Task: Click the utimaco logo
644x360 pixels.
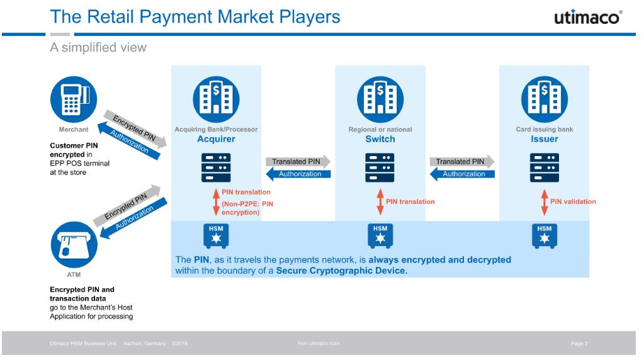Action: point(587,17)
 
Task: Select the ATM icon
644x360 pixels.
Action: point(74,247)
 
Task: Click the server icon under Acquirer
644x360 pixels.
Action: point(216,167)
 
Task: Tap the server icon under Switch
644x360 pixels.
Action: point(380,167)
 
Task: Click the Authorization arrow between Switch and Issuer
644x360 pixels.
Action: point(461,174)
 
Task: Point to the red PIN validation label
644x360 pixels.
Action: point(573,201)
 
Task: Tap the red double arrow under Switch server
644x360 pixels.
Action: point(380,201)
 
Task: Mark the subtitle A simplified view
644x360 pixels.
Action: point(98,48)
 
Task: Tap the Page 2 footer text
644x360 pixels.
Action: point(579,344)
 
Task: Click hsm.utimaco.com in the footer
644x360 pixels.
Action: point(319,344)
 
